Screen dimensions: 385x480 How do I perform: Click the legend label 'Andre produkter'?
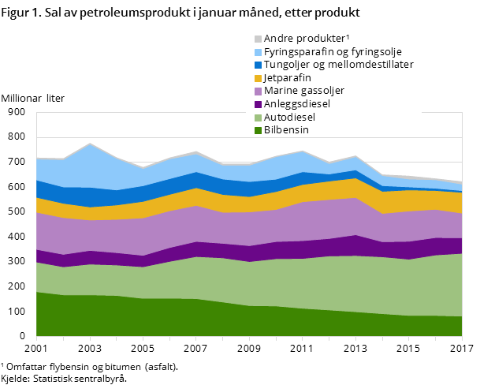[303, 39]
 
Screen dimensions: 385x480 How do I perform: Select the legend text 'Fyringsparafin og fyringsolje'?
[338, 51]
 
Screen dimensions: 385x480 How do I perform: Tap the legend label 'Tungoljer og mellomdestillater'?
[338, 65]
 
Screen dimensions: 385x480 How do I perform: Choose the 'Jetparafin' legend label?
[287, 78]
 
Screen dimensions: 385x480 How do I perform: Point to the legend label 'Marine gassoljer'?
[303, 91]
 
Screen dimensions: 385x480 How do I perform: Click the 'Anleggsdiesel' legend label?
[296, 103]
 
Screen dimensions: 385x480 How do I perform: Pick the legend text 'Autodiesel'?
[289, 117]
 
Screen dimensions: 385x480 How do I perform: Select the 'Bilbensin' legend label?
[286, 129]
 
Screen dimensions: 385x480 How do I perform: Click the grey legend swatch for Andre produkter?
[258, 39]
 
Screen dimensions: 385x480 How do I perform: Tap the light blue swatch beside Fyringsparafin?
[258, 52]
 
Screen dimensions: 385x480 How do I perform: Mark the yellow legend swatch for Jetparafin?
[258, 78]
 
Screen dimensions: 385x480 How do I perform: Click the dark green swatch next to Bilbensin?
[258, 130]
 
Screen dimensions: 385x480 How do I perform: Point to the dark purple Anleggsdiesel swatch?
[258, 104]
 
